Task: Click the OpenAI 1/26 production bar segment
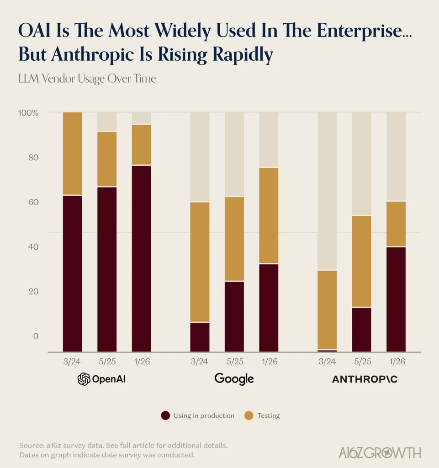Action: pos(141,258)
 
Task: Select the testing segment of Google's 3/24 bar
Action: pos(200,262)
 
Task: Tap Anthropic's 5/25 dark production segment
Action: pos(361,330)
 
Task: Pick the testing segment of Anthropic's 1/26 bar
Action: pos(396,224)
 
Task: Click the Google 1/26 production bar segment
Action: pos(269,308)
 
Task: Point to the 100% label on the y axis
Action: pos(29,112)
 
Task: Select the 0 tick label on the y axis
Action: pos(36,336)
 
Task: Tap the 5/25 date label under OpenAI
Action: pos(107,362)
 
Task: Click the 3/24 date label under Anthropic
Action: pos(327,362)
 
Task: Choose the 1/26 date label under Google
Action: pos(269,362)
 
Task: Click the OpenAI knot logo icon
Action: pos(84,379)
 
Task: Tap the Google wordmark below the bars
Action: pos(234,379)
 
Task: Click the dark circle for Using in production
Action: pos(165,415)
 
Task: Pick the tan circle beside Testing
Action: pos(249,415)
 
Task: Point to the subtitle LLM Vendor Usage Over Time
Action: pos(87,79)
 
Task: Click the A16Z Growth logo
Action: pos(380,453)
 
